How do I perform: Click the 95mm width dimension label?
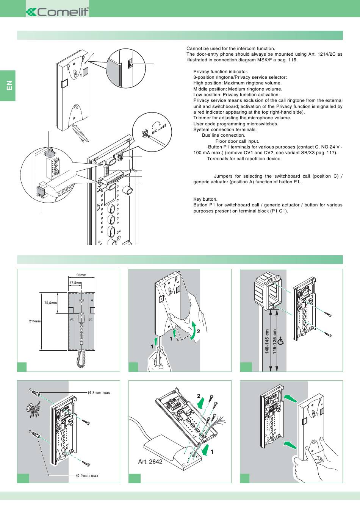[81, 275]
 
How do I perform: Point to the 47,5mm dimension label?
[75, 283]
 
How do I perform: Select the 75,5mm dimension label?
[50, 303]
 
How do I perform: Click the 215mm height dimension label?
[35, 321]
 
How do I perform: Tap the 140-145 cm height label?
[267, 342]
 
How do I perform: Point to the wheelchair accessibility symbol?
[281, 342]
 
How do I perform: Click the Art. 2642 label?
[150, 461]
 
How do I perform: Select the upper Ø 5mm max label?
[99, 392]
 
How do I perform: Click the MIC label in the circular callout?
[155, 132]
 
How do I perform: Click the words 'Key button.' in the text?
[205, 199]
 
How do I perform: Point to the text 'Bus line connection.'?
[223, 135]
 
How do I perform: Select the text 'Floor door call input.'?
[237, 141]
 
